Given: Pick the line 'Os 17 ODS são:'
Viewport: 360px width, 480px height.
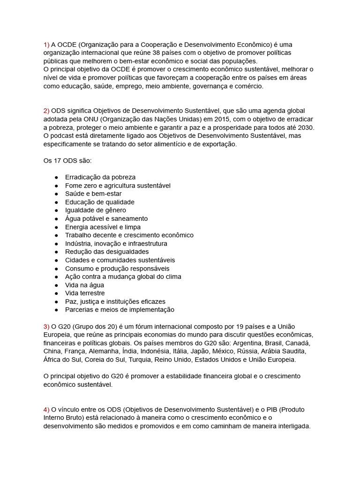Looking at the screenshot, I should tap(67, 161).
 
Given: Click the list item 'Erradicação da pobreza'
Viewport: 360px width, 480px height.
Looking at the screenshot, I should tap(100, 177).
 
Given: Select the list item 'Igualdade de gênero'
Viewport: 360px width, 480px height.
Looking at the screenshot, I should tap(96, 210).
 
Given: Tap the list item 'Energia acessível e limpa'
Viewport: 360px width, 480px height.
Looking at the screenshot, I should tap(103, 227).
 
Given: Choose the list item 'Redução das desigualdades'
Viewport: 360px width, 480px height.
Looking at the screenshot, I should tap(107, 252).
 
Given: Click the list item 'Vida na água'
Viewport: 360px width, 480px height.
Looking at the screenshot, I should tap(84, 285).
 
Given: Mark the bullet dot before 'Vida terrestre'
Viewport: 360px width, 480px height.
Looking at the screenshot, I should tap(56, 293).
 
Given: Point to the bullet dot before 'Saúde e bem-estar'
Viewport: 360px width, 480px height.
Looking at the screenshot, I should tap(56, 194).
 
